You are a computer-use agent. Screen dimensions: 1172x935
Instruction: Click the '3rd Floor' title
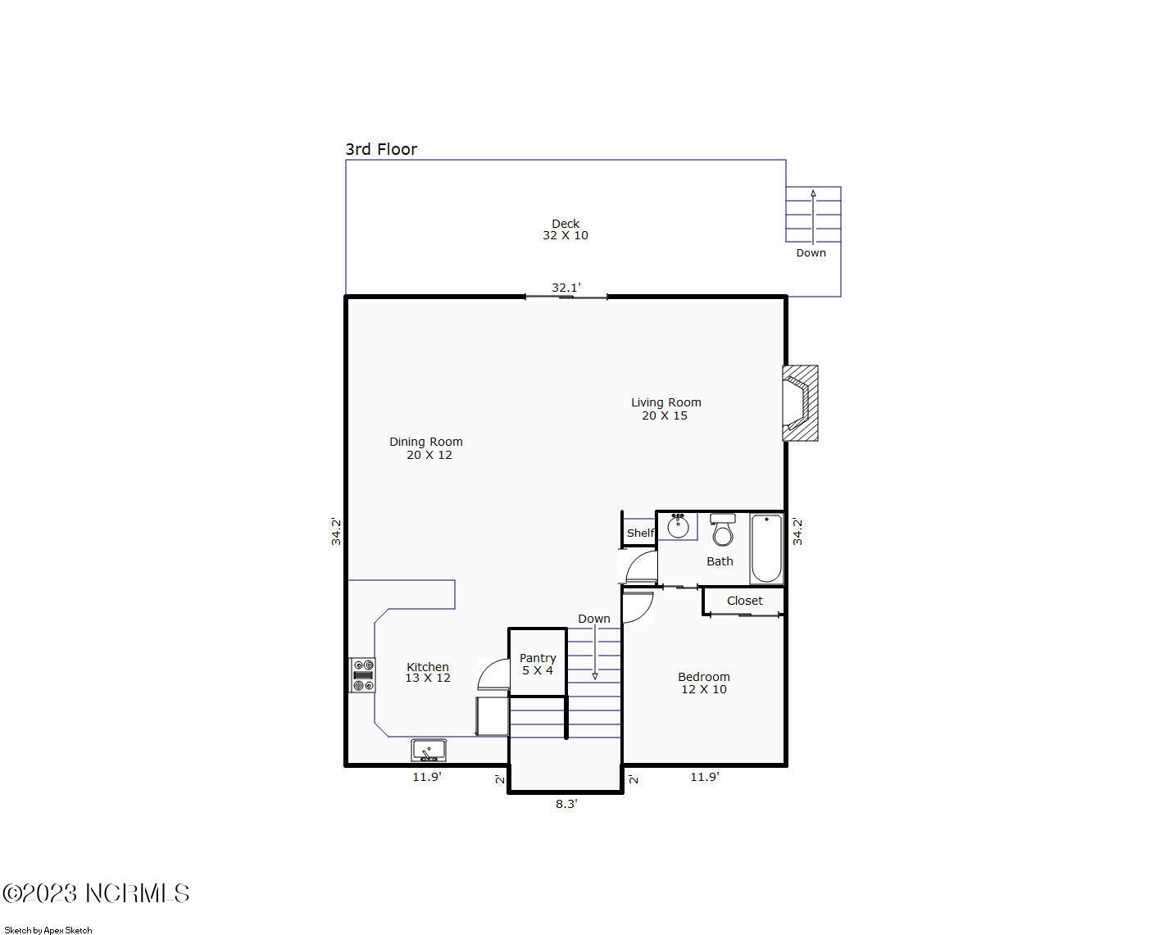380,148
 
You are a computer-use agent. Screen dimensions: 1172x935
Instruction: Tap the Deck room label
566,229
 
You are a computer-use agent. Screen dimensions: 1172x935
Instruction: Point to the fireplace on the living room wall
800,403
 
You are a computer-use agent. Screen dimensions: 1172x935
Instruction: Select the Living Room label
665,408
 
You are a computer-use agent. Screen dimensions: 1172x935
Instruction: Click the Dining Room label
426,447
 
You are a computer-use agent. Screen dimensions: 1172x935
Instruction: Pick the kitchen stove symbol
362,675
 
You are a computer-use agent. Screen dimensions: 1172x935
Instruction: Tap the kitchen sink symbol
429,750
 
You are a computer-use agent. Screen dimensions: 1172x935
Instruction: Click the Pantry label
538,664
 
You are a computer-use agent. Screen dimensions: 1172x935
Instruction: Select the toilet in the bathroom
723,530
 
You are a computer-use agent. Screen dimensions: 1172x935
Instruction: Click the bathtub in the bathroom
766,548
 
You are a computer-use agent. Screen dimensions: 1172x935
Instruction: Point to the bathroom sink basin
678,526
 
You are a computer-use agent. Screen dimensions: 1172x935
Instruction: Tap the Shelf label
640,533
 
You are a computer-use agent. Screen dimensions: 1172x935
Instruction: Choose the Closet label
744,601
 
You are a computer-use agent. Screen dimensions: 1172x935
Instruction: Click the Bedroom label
704,683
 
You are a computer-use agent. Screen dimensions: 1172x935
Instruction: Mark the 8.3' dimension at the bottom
566,804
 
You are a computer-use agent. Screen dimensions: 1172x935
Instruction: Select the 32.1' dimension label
566,287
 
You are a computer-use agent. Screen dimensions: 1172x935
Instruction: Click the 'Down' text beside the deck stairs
811,252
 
